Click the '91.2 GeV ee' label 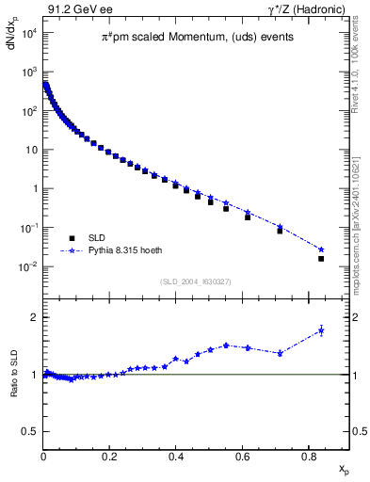pyautogui.click(x=75, y=8)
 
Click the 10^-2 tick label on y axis pyautogui.click(x=28, y=267)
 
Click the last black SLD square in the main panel pyautogui.click(x=321, y=258)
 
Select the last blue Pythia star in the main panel pyautogui.click(x=321, y=249)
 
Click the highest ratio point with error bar pyautogui.click(x=321, y=330)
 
